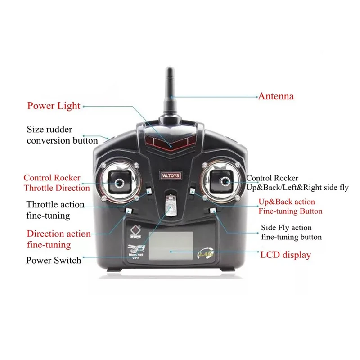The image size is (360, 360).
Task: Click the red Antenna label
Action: (x=275, y=96)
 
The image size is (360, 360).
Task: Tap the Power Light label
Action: (x=54, y=106)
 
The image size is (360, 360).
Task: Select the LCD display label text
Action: (x=285, y=255)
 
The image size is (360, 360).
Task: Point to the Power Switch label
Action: (x=54, y=260)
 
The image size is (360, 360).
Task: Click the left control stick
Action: (x=119, y=183)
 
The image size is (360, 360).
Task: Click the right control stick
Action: (x=223, y=182)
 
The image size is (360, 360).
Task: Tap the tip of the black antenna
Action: (x=170, y=71)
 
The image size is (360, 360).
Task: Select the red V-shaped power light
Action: (x=171, y=142)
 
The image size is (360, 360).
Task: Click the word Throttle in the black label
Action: (x=43, y=205)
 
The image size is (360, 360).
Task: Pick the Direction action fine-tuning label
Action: (x=58, y=239)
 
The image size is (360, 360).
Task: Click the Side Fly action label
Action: (x=286, y=228)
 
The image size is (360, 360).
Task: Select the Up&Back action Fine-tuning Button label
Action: (x=290, y=207)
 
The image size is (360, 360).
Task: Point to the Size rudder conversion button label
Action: (x=62, y=135)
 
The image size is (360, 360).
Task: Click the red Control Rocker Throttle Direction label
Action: (x=57, y=183)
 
